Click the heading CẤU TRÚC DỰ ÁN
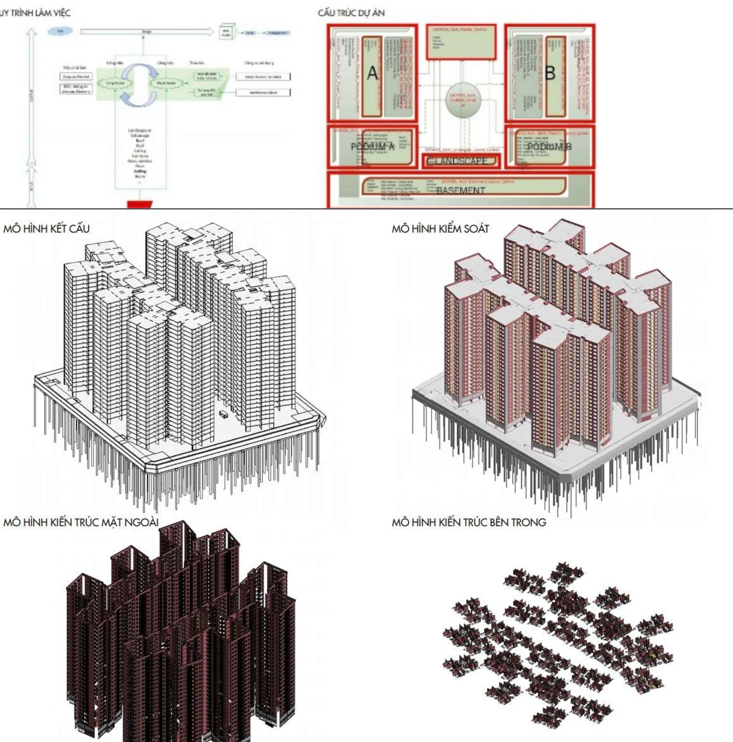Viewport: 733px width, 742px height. [351, 13]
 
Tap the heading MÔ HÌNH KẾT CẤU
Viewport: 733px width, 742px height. [47, 229]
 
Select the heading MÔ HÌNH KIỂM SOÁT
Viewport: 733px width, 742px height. [440, 229]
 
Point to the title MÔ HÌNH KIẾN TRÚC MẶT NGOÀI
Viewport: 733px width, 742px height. [81, 522]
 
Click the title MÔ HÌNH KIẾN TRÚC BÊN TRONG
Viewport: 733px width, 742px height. [469, 522]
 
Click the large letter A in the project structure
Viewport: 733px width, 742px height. [372, 74]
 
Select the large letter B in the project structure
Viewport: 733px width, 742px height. [550, 74]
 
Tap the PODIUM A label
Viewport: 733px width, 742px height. [372, 147]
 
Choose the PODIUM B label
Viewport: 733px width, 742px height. [549, 147]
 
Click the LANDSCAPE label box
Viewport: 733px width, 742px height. [461, 161]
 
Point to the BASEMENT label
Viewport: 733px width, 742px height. [461, 190]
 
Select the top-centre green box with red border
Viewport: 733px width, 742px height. [461, 42]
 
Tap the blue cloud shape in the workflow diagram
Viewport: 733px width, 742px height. [60, 31]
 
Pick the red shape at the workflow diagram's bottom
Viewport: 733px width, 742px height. [140, 204]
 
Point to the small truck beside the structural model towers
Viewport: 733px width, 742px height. [223, 414]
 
